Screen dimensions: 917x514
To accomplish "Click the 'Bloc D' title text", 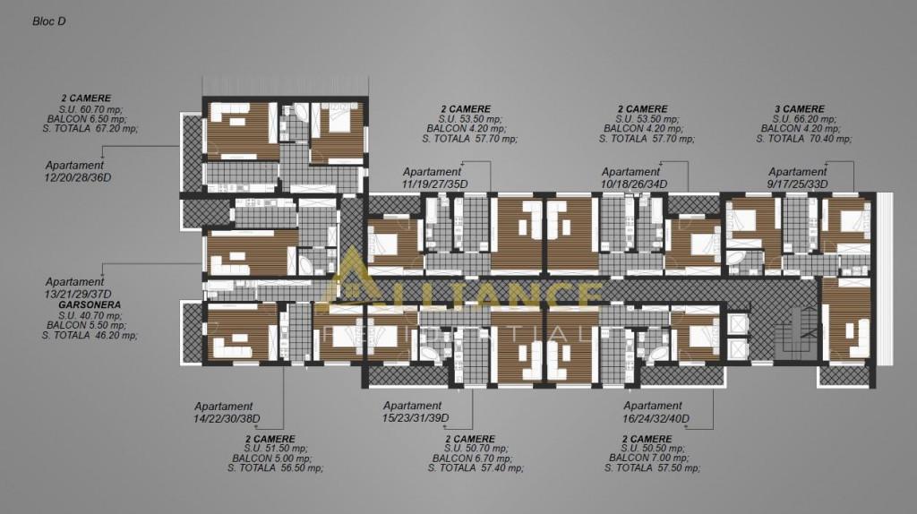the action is pyautogui.click(x=49, y=21).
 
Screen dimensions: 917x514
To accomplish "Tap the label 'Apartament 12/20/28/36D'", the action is pyautogui.click(x=77, y=171).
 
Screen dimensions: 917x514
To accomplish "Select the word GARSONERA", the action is pyautogui.click(x=90, y=304).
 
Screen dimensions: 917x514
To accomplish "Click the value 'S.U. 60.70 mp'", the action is pyautogui.click(x=90, y=109).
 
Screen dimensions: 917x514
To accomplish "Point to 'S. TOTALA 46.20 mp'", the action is pyautogui.click(x=90, y=335).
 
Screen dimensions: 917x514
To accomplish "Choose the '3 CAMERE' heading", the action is pyautogui.click(x=800, y=108).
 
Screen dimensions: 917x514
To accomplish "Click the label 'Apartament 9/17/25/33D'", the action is pyautogui.click(x=798, y=178).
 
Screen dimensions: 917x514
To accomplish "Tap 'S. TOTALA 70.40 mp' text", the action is pyautogui.click(x=803, y=139).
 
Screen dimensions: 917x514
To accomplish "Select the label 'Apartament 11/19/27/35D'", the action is pyautogui.click(x=434, y=178).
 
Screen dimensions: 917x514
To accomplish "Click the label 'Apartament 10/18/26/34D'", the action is pyautogui.click(x=634, y=178).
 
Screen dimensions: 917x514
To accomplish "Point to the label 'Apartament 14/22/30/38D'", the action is pyautogui.click(x=227, y=412).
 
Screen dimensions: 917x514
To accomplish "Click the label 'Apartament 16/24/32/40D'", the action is pyautogui.click(x=656, y=412).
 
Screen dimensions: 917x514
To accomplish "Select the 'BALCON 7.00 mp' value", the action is pyautogui.click(x=649, y=458).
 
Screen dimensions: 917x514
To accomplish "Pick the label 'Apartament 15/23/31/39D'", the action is pyautogui.click(x=416, y=412).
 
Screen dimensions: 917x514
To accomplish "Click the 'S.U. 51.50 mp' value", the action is pyautogui.click(x=276, y=449).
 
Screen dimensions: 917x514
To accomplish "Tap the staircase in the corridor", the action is pyautogui.click(x=796, y=333).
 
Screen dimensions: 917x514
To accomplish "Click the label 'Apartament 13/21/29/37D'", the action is pyautogui.click(x=78, y=287).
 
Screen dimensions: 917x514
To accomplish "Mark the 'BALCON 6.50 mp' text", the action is pyautogui.click(x=87, y=119).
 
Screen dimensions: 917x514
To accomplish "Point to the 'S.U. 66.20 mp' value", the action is pyautogui.click(x=804, y=119).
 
